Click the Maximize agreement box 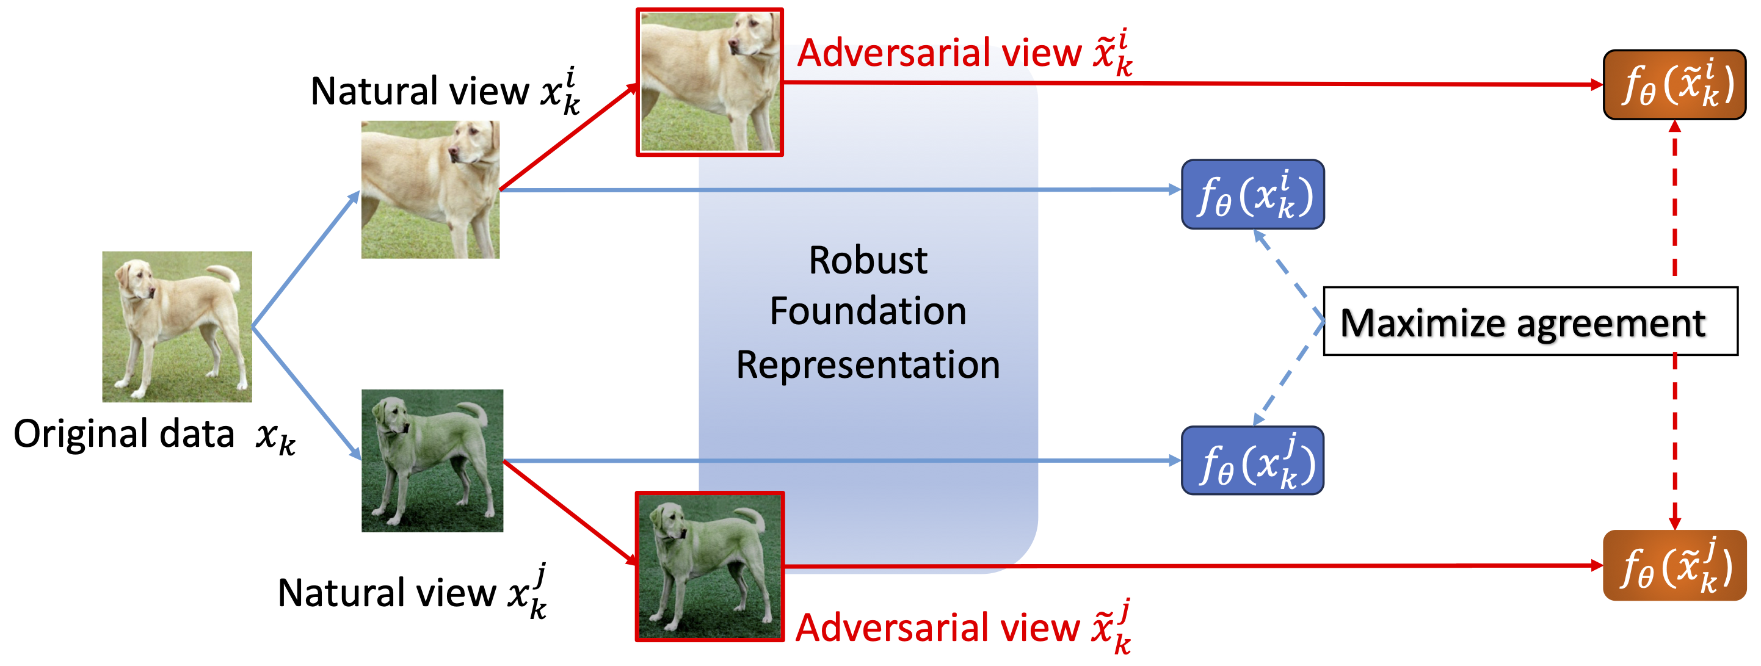(1530, 321)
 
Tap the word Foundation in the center (868, 312)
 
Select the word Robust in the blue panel (868, 261)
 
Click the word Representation (868, 364)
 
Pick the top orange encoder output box (1674, 85)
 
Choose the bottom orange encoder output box (1674, 565)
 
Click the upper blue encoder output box (1252, 195)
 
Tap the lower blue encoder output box (1252, 461)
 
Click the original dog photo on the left (177, 327)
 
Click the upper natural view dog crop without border (430, 190)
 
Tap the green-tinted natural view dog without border (432, 461)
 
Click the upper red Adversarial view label (964, 53)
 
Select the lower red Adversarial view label (962, 628)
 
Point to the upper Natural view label (445, 92)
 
